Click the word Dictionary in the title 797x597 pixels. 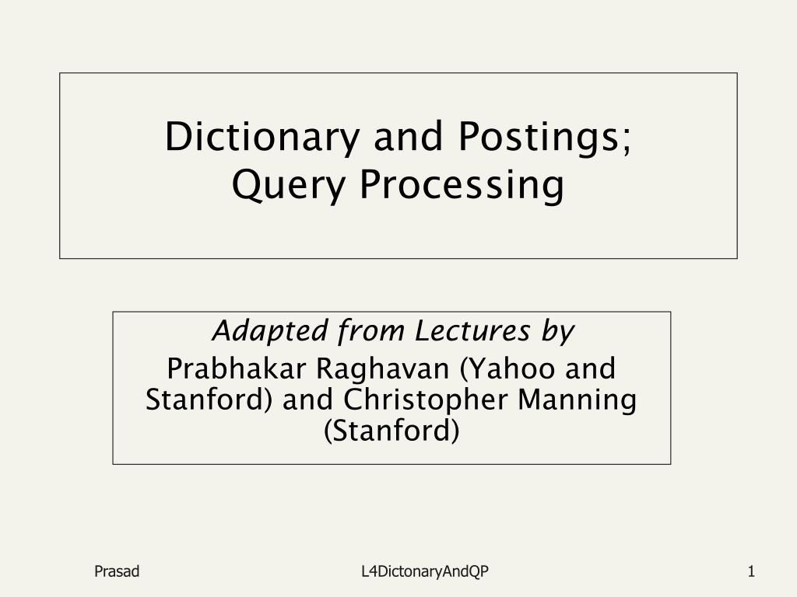(262, 138)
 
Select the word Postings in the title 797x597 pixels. (539, 138)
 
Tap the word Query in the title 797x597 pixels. (288, 185)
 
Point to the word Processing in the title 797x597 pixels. (462, 185)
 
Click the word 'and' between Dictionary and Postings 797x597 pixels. (408, 136)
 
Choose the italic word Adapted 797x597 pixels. (270, 332)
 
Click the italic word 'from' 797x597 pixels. (370, 331)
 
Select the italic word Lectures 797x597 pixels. (472, 330)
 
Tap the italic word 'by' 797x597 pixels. (557, 332)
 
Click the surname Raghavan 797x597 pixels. (383, 369)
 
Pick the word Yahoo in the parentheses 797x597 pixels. (507, 368)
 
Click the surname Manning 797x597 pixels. (577, 400)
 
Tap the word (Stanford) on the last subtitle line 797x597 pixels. (391, 431)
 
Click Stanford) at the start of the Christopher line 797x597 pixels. (209, 400)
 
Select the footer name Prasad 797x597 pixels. (117, 571)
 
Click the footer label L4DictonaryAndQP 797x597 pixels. (425, 572)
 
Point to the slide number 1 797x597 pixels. (751, 571)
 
